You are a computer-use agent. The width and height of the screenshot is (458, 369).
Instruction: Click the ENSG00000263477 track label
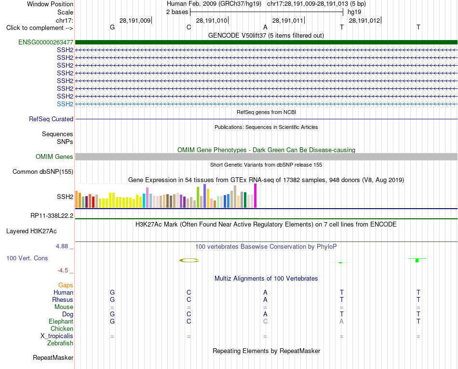point(46,42)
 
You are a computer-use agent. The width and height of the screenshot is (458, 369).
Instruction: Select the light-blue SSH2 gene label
point(65,104)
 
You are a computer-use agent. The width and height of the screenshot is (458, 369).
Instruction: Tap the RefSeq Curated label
point(51,119)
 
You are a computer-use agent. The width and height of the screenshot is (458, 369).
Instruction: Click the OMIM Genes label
point(54,156)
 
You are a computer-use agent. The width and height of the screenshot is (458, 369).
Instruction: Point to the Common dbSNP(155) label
point(42,172)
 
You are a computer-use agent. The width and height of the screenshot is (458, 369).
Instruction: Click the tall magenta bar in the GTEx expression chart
point(256,196)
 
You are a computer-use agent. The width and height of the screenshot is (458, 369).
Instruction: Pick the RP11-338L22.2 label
point(52,216)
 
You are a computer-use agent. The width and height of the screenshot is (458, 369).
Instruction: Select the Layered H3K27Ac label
point(31,231)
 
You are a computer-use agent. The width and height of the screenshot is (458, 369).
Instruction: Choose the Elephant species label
point(61,321)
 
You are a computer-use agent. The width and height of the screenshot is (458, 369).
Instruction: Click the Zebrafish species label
point(60,343)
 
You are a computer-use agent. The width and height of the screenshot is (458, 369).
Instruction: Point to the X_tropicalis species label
point(57,336)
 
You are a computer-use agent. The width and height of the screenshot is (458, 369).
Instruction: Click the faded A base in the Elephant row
point(341,321)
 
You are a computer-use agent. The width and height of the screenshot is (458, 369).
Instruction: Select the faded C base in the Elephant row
point(265,321)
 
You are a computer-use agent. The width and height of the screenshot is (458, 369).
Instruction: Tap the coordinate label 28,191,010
point(212,20)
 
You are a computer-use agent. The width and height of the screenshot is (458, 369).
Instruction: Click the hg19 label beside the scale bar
point(354,12)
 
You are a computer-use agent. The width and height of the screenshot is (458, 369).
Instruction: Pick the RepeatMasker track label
point(53,357)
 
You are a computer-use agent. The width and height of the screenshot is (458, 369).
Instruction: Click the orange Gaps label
point(66,285)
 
